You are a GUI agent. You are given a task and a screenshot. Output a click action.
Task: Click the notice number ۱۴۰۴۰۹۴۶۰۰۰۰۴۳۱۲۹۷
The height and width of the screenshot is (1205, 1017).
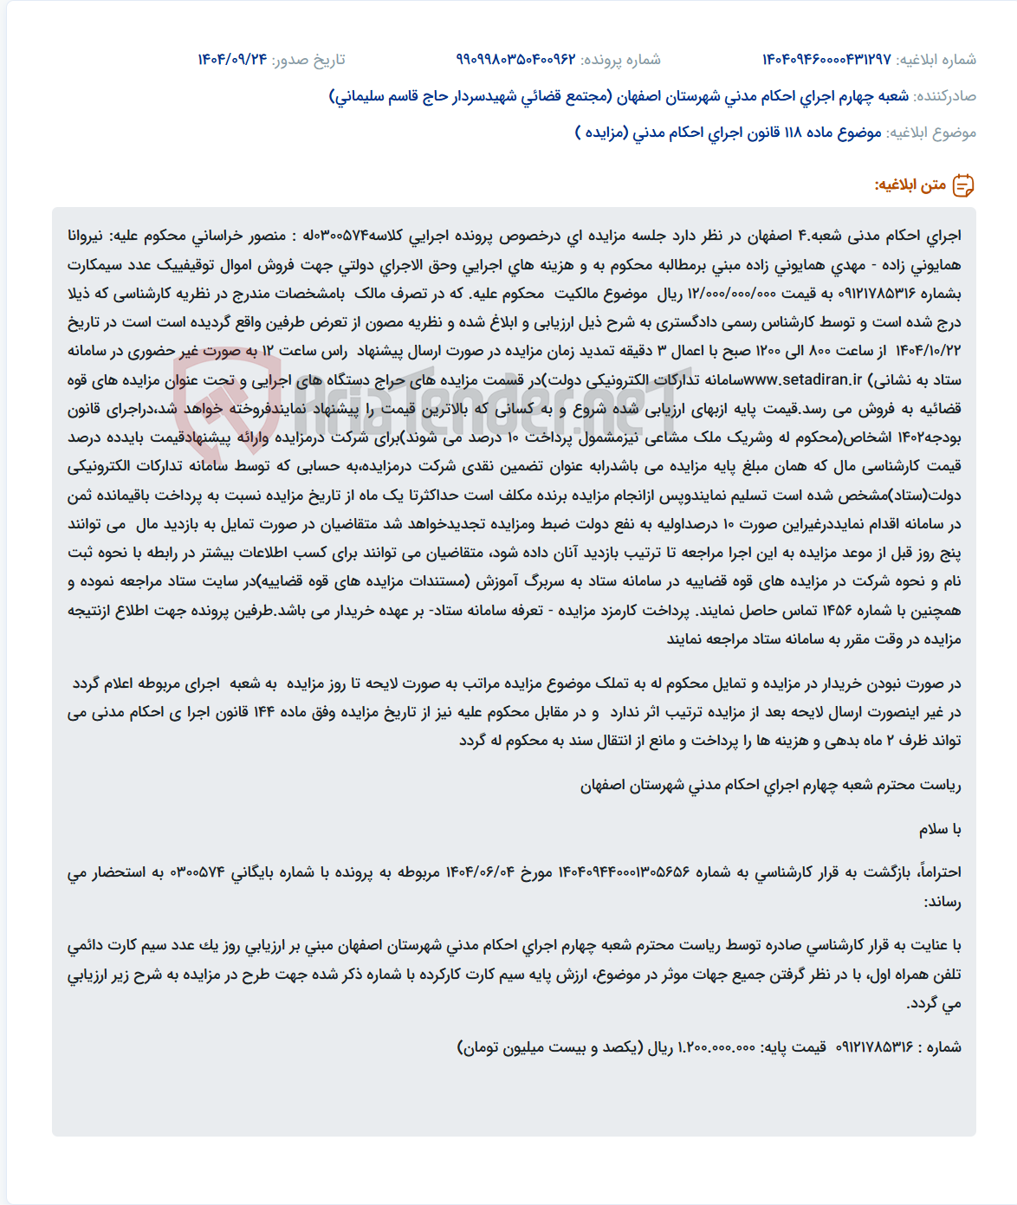pos(826,60)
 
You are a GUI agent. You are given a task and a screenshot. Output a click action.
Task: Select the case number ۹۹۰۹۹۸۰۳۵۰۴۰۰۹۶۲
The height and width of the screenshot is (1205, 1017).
pos(516,60)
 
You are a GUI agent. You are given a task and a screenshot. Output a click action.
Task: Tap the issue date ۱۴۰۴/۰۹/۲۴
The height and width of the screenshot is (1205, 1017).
pos(232,60)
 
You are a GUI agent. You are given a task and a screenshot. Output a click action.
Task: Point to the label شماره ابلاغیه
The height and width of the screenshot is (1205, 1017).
pos(936,60)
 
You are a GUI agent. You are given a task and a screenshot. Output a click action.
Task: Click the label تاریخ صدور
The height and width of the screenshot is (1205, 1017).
pos(308,60)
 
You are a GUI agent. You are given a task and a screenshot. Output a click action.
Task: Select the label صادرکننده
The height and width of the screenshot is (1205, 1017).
pos(945,96)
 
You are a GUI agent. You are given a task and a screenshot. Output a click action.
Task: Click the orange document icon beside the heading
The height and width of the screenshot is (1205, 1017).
pos(963,185)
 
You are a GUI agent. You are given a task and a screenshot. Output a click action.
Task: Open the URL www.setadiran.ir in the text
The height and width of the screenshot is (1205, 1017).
pos(803,380)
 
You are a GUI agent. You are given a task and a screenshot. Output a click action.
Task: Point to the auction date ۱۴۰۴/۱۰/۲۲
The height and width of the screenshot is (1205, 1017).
pos(926,352)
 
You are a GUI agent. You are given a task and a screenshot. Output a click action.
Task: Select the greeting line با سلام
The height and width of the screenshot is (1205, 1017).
pos(940,830)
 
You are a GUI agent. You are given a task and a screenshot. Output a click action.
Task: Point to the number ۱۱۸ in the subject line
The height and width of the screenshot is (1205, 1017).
pos(793,133)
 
